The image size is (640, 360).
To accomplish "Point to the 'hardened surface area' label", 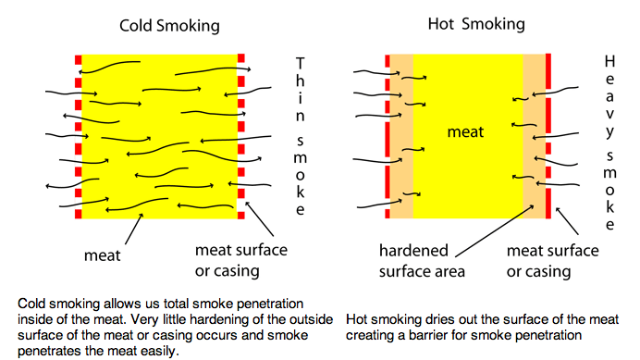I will (x=420, y=260).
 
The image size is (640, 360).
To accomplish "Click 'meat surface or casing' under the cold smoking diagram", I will (x=241, y=260).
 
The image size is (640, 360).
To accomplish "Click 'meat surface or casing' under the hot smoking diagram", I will (x=551, y=260).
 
